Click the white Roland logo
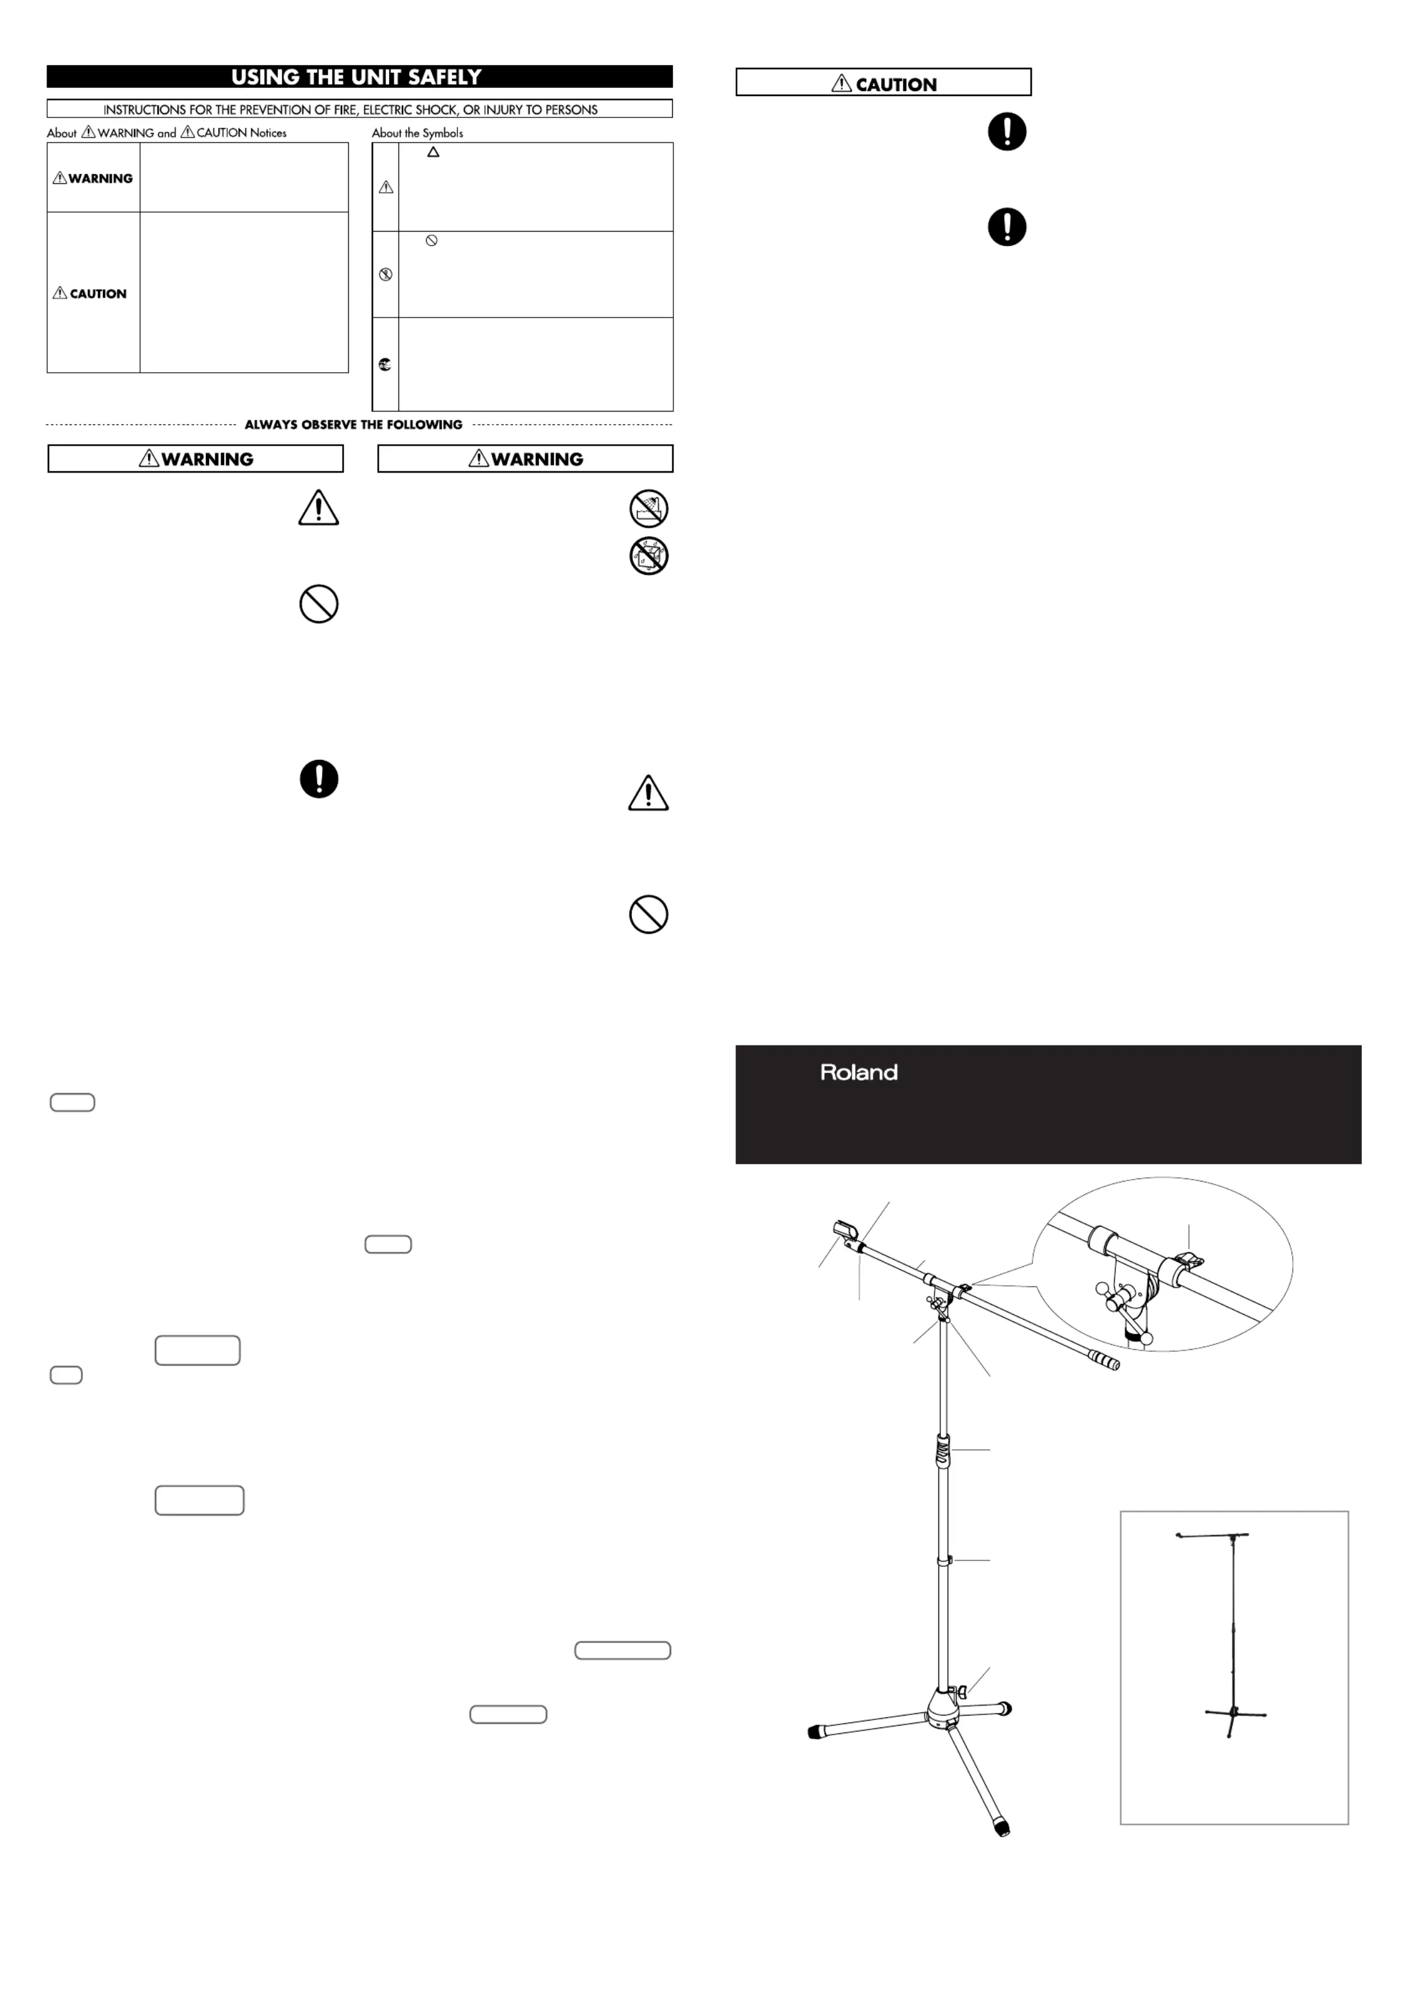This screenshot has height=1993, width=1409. coord(859,1073)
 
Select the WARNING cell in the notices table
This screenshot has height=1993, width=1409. coord(93,178)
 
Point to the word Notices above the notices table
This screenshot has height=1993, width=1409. coord(267,133)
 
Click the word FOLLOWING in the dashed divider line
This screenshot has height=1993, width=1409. coord(424,424)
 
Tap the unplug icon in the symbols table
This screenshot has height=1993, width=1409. coord(385,365)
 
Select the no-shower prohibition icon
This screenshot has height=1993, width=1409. coord(648,509)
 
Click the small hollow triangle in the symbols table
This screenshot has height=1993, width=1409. coord(433,152)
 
